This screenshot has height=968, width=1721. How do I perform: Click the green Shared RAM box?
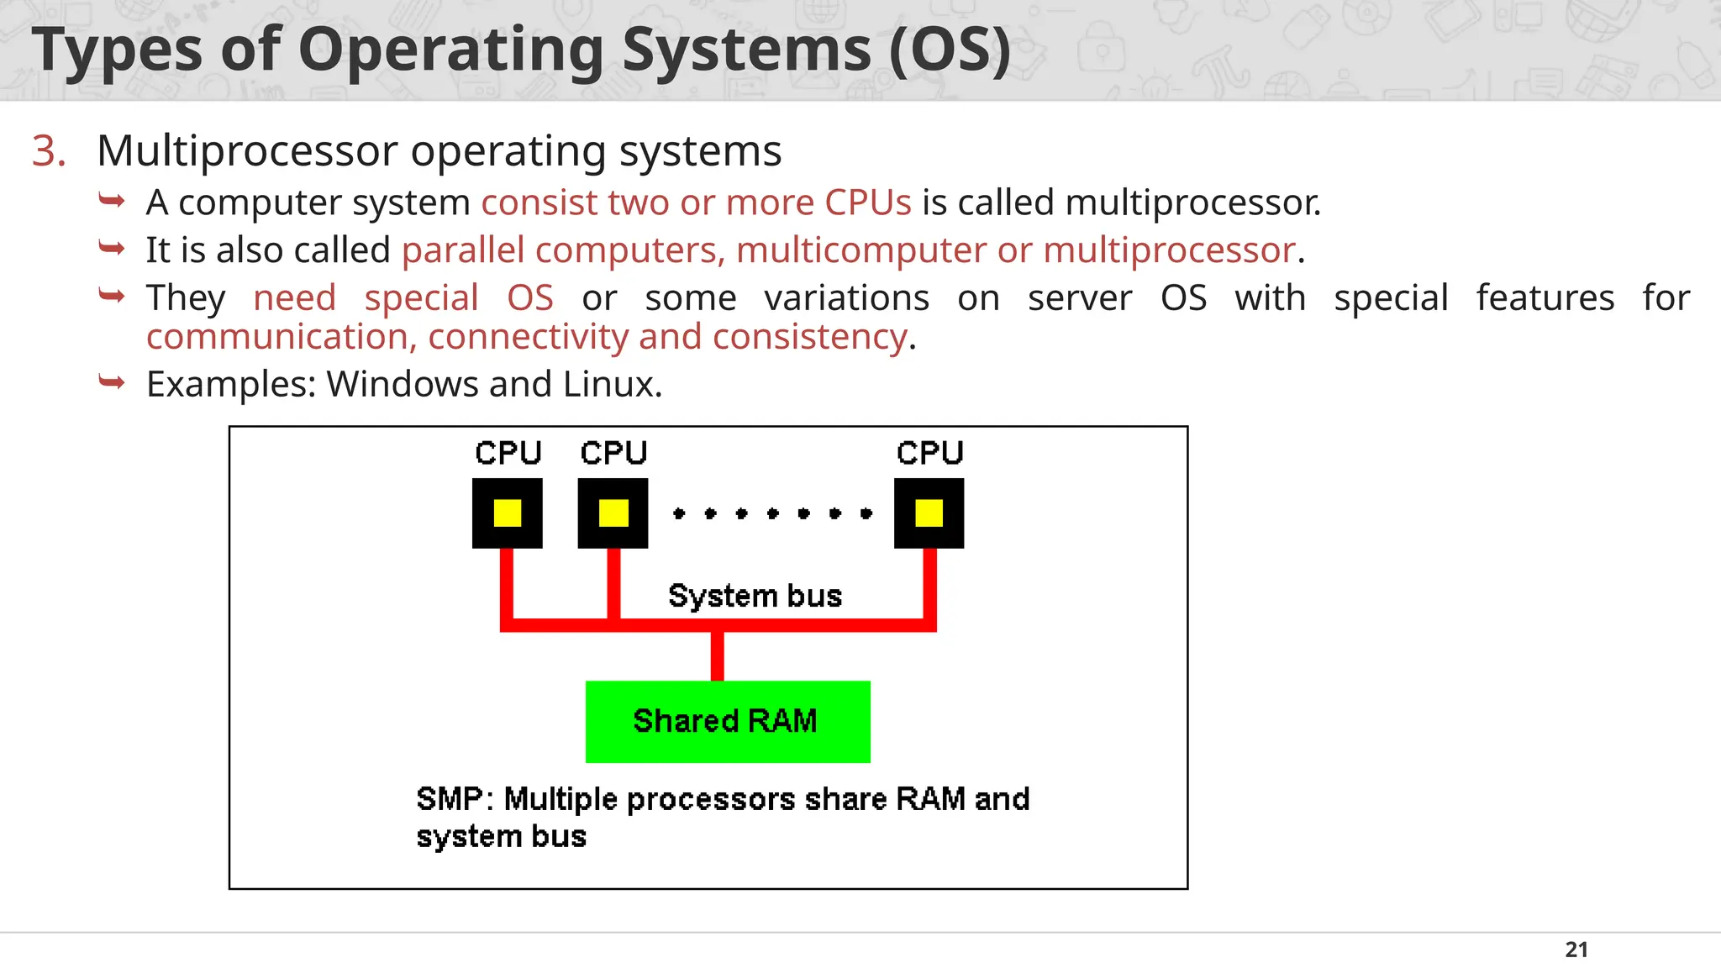[x=728, y=721]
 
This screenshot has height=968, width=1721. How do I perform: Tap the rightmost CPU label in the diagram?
[x=929, y=453]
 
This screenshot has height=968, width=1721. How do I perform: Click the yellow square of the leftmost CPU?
[x=508, y=513]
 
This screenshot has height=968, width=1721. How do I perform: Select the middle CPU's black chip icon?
[x=613, y=513]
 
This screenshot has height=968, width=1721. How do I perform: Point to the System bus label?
[x=755, y=596]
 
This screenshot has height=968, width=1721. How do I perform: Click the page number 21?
[x=1576, y=950]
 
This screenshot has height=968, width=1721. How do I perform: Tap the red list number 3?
[x=48, y=151]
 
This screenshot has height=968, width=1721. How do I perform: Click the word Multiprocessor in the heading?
[x=247, y=151]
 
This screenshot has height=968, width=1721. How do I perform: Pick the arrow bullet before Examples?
[x=112, y=382]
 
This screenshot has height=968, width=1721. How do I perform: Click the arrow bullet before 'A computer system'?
[x=112, y=201]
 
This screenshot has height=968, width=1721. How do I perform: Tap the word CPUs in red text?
[x=867, y=203]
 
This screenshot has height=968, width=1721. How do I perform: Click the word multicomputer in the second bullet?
[x=861, y=250]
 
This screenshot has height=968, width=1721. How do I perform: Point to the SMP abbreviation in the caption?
[x=449, y=798]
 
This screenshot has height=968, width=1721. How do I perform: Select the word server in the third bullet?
[x=1080, y=298]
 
